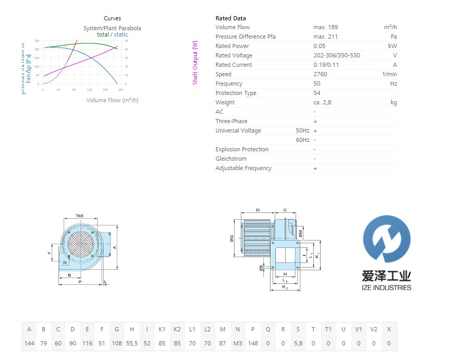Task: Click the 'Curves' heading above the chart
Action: pyautogui.click(x=112, y=18)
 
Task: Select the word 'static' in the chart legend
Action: pyautogui.click(x=121, y=34)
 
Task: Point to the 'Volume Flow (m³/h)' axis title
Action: pyautogui.click(x=112, y=100)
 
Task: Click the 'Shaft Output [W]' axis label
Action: pyautogui.click(x=195, y=63)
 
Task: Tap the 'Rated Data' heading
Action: pyautogui.click(x=230, y=18)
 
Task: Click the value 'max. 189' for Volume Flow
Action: pyautogui.click(x=326, y=27)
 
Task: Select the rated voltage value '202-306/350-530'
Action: pyautogui.click(x=337, y=55)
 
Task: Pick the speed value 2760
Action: pyautogui.click(x=321, y=74)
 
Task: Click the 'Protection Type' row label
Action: pyautogui.click(x=236, y=93)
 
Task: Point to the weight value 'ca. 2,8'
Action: pyautogui.click(x=322, y=102)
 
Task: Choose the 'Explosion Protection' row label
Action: pyautogui.click(x=242, y=149)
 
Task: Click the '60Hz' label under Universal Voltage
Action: pyautogui.click(x=302, y=140)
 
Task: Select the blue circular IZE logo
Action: pyautogui.click(x=387, y=238)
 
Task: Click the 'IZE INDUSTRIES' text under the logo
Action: pyautogui.click(x=387, y=287)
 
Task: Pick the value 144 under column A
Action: pyautogui.click(x=29, y=343)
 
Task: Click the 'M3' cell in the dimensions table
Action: pyautogui.click(x=238, y=343)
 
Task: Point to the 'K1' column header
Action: pyautogui.click(x=162, y=329)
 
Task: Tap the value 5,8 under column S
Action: pyautogui.click(x=298, y=343)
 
